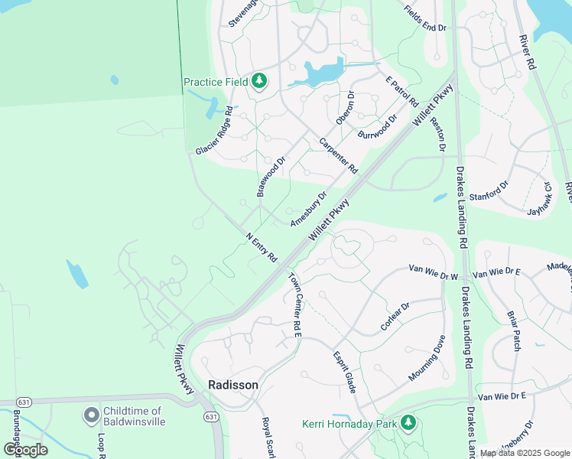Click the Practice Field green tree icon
(259, 81)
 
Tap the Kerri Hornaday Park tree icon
(408, 422)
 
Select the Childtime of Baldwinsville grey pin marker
(91, 415)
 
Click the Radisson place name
(233, 385)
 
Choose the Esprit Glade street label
(344, 373)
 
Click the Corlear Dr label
(395, 317)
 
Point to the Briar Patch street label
(512, 330)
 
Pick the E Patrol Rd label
(401, 91)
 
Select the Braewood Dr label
(271, 175)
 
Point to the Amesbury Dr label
(307, 207)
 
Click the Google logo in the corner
(25, 450)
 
